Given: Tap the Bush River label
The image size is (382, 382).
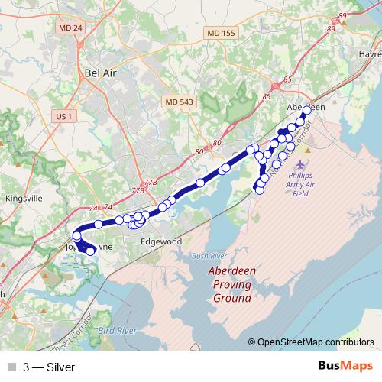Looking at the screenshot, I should pyautogui.click(x=209, y=255).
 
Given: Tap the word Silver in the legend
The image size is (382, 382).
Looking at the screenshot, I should pyautogui.click(x=60, y=367).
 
